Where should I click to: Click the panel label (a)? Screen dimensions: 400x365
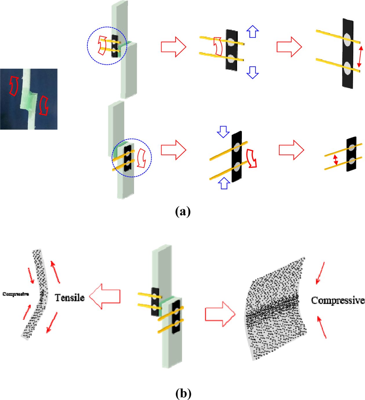pos(183,211)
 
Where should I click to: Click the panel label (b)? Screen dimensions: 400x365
pos(183,393)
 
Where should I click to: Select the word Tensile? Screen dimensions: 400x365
pos(70,298)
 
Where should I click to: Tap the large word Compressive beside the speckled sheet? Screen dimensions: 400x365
pos(337,301)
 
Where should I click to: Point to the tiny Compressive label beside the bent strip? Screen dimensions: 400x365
pos(16,294)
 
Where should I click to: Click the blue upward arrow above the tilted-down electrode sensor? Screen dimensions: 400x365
pos(253,31)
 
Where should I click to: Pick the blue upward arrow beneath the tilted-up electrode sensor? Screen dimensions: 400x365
pos(224,183)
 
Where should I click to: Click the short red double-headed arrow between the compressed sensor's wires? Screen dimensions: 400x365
pos(335,160)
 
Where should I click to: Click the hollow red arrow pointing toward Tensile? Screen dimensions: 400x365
pos(105,296)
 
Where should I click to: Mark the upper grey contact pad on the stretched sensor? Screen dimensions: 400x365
pos(347,39)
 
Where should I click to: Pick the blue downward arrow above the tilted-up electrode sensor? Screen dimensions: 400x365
pos(223,132)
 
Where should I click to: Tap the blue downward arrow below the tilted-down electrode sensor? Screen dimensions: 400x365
pos(253,72)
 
